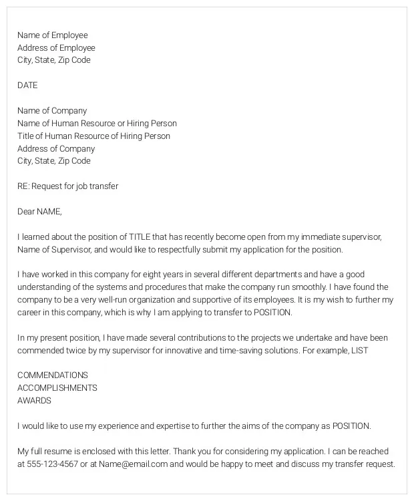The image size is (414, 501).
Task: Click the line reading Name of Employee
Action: click(x=52, y=35)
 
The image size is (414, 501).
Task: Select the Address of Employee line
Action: click(x=56, y=48)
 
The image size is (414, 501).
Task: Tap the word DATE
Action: click(x=27, y=86)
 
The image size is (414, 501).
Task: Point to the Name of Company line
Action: click(x=52, y=111)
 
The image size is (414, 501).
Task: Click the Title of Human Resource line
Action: click(x=93, y=136)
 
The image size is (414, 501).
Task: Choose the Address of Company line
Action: click(x=56, y=149)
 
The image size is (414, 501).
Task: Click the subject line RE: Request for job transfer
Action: click(x=67, y=186)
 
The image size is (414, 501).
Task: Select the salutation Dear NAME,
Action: click(x=39, y=212)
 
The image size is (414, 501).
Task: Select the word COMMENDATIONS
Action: click(x=52, y=375)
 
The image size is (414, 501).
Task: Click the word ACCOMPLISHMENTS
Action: click(x=57, y=388)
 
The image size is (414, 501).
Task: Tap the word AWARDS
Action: click(x=34, y=401)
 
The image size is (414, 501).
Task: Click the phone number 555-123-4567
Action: click(x=53, y=464)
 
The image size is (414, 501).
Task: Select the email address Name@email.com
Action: click(x=132, y=464)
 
